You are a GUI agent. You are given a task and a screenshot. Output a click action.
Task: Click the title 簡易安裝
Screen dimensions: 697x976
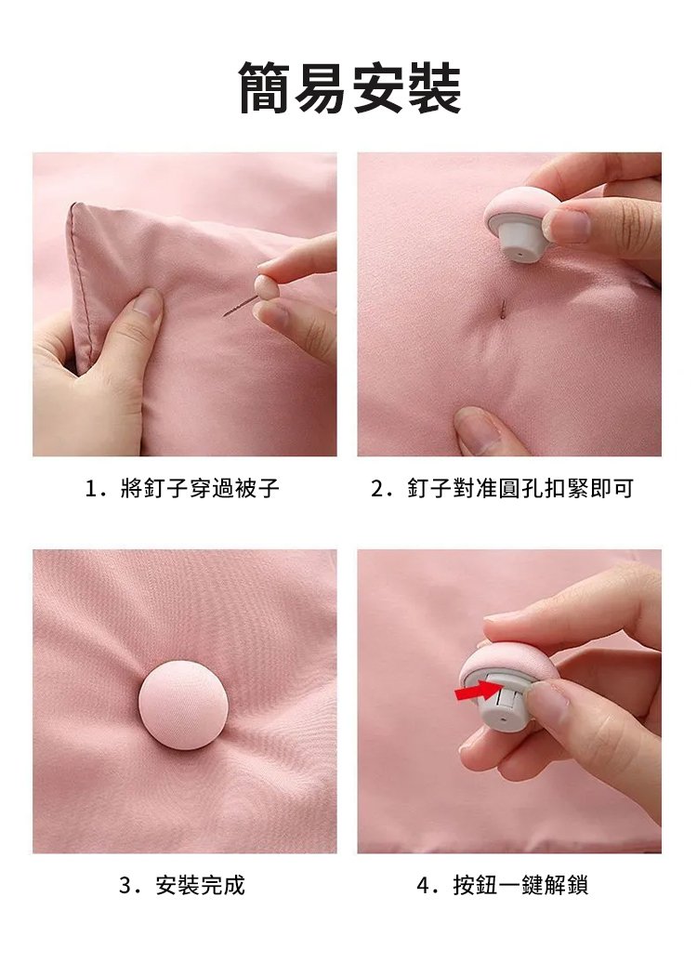(350, 87)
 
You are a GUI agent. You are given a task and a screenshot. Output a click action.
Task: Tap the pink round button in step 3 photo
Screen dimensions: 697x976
(183, 705)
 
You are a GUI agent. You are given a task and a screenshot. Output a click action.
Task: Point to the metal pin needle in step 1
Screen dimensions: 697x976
(239, 306)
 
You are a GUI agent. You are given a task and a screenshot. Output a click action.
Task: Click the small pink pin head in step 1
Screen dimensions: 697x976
(265, 287)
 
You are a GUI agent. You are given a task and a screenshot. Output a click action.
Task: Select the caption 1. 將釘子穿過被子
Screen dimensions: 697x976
(182, 489)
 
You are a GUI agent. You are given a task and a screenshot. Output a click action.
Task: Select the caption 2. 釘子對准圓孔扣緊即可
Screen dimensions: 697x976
(502, 489)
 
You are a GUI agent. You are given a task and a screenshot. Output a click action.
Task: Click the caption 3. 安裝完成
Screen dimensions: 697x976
(182, 885)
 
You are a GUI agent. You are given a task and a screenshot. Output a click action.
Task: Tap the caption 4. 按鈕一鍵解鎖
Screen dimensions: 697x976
(502, 885)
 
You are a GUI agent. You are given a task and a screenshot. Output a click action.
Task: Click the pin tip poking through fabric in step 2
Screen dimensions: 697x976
(504, 309)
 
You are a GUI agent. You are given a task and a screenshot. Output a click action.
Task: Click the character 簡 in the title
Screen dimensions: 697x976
(266, 87)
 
